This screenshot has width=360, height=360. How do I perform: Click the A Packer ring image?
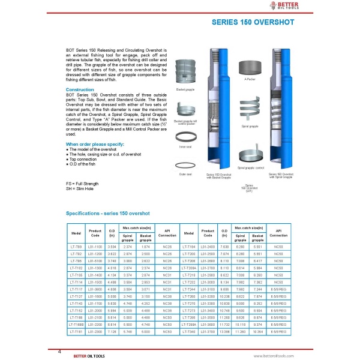pyautogui.click(x=250, y=66)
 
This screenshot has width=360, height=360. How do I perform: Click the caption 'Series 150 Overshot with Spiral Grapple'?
pyautogui.click(x=280, y=175)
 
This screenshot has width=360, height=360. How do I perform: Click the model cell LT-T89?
pyautogui.click(x=76, y=246)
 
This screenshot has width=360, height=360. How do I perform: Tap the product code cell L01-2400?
pyautogui.click(x=207, y=246)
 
